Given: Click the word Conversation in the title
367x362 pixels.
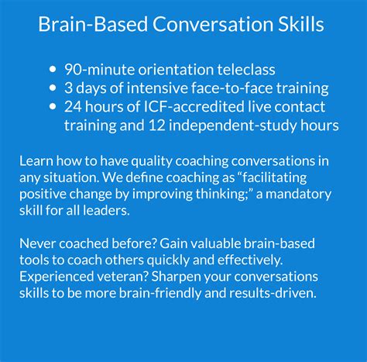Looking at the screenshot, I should tap(204, 25).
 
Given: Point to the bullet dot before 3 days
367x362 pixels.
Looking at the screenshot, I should tap(53, 88).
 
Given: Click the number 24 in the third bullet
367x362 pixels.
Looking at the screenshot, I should tap(74, 107).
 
